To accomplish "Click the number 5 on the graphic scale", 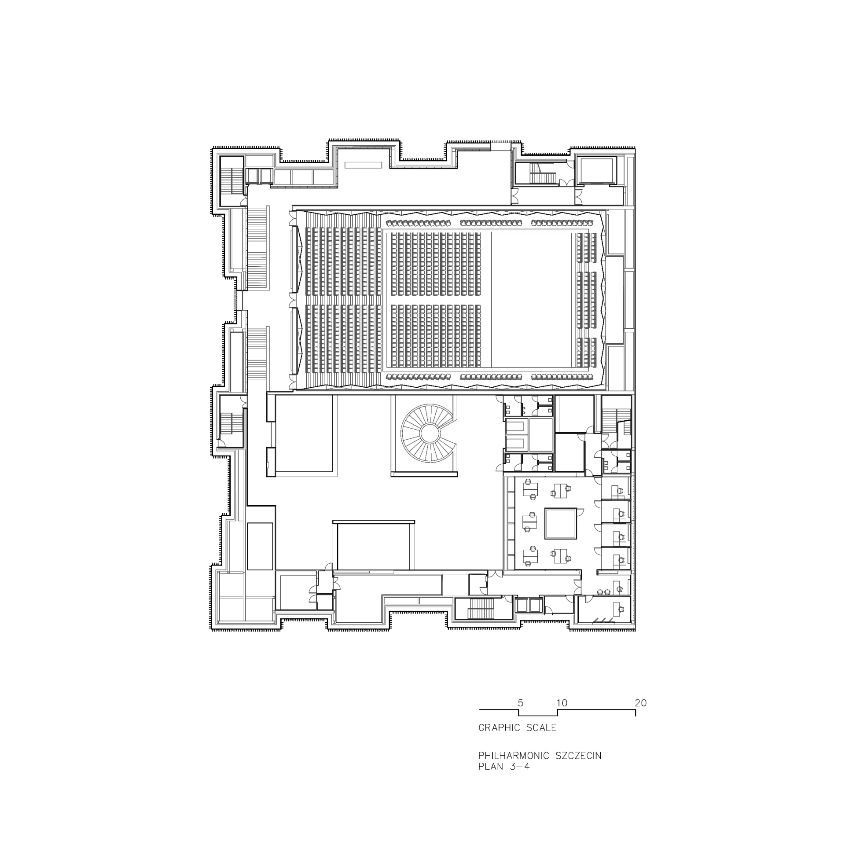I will tap(521, 715).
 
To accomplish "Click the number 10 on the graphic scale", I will tap(562, 715).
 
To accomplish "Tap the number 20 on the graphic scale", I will tap(641, 715).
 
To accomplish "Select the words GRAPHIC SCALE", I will tap(517, 740).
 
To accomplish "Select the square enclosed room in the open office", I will tap(560, 523).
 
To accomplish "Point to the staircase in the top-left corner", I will tap(231, 180).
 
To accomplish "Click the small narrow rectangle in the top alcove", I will tap(363, 165).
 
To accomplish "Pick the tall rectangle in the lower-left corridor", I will tap(260, 546).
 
